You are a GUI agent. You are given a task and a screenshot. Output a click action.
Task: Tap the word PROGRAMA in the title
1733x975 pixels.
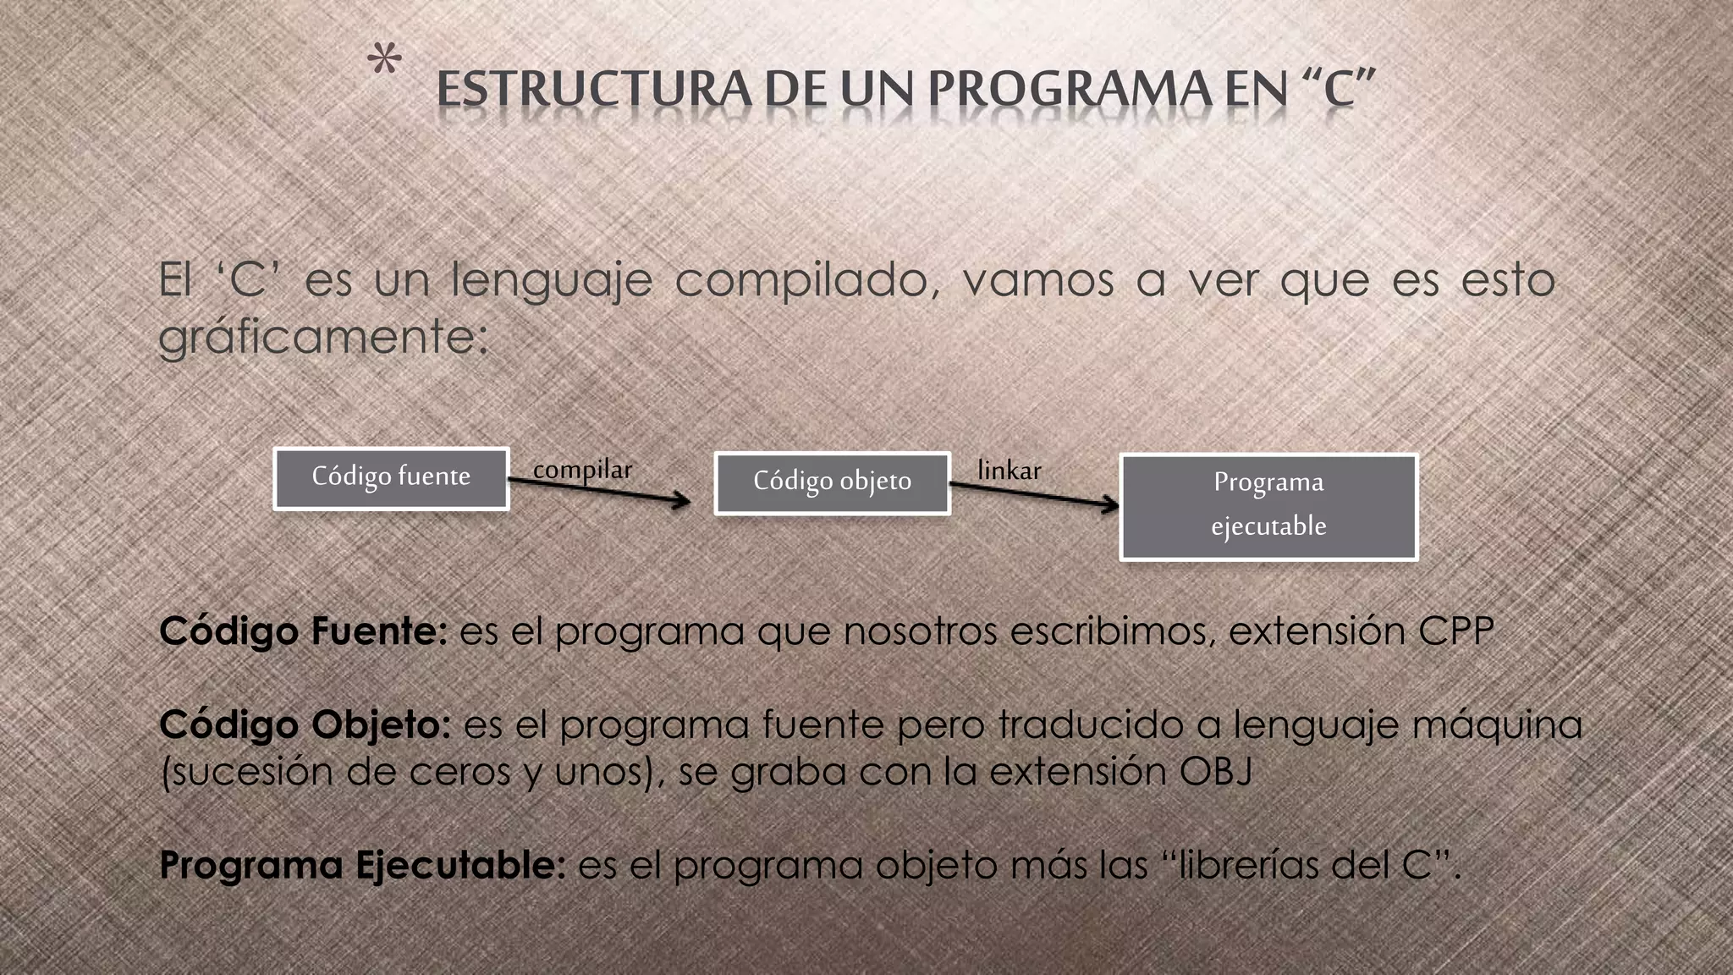(x=1070, y=90)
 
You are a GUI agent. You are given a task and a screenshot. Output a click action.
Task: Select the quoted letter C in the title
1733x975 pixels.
(x=1340, y=90)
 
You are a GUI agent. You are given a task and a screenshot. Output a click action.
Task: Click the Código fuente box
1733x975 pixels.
(x=391, y=478)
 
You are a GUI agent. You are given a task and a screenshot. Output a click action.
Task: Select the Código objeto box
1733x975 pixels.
(x=832, y=483)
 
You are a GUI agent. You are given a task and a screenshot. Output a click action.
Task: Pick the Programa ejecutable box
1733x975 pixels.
(x=1268, y=506)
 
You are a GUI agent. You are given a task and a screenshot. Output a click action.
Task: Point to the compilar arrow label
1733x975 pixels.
(x=582, y=469)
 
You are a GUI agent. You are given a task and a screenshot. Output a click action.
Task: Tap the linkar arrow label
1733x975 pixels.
(x=1009, y=470)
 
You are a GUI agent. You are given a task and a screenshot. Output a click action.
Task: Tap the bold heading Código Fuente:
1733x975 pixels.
(x=303, y=631)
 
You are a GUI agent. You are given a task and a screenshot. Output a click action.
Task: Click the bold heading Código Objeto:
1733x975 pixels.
(x=305, y=724)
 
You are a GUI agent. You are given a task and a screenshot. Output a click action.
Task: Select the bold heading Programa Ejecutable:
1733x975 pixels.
(x=362, y=865)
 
